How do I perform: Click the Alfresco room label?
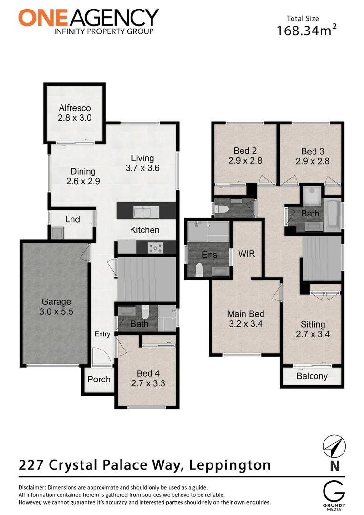[x=75, y=108]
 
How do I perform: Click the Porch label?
[x=99, y=380]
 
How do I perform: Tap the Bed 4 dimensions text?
[x=148, y=383]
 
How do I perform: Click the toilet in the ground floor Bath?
[x=147, y=312]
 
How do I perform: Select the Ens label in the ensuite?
[x=210, y=255]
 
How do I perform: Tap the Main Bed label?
[x=245, y=314]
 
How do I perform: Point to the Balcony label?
[x=312, y=376]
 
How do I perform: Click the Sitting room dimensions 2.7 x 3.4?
[x=313, y=334]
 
